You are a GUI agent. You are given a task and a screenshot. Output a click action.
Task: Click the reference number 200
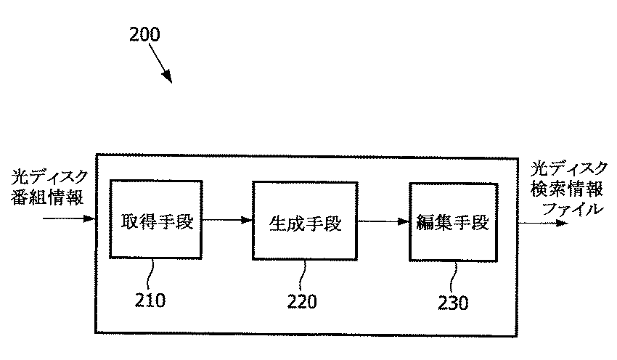coord(145,34)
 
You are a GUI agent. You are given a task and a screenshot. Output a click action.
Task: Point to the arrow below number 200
coord(160,66)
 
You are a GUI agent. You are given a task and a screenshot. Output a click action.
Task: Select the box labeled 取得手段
coord(156,219)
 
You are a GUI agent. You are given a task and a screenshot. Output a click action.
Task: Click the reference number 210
coord(150,299)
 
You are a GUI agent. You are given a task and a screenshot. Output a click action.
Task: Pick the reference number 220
coord(301,301)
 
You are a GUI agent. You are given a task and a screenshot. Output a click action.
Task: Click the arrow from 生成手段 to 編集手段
coord(384,222)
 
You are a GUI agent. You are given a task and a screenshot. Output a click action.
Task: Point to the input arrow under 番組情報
coord(70,218)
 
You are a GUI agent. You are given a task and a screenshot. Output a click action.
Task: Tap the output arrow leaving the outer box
coord(543,222)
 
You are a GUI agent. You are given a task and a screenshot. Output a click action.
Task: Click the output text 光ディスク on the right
coord(570,168)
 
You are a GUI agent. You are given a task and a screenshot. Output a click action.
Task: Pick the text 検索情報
coord(570,189)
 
